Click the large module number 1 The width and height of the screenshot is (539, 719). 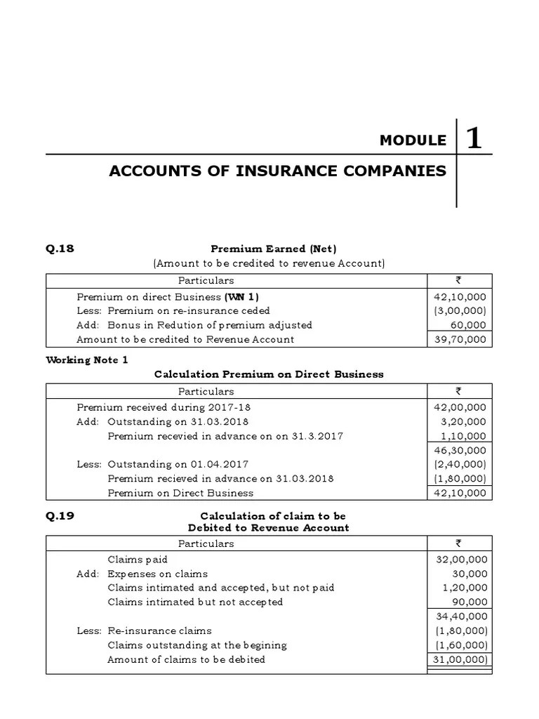[x=474, y=139]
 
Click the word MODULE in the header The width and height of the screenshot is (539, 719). [x=413, y=140]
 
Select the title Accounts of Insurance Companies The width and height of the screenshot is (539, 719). [x=277, y=171]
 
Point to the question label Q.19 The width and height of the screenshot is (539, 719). [x=60, y=516]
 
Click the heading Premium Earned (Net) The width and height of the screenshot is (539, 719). [x=274, y=249]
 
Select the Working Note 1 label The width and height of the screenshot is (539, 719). [x=87, y=360]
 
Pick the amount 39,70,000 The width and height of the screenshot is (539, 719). [x=460, y=339]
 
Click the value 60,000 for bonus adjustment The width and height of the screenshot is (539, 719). [x=467, y=325]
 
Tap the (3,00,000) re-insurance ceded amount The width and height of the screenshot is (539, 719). [x=460, y=310]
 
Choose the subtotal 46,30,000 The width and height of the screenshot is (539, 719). [x=460, y=450]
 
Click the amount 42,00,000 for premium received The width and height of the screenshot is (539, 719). [x=460, y=407]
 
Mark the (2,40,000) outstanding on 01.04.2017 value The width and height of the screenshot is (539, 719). [x=460, y=464]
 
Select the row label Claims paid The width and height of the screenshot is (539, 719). [x=133, y=560]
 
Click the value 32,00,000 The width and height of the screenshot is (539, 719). [x=460, y=560]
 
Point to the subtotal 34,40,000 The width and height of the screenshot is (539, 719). [x=460, y=616]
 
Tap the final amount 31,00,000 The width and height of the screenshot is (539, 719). [x=460, y=659]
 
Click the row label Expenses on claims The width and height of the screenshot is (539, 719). [x=157, y=574]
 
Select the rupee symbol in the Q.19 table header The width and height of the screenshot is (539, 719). [x=458, y=543]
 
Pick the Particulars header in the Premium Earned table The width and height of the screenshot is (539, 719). [x=206, y=280]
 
